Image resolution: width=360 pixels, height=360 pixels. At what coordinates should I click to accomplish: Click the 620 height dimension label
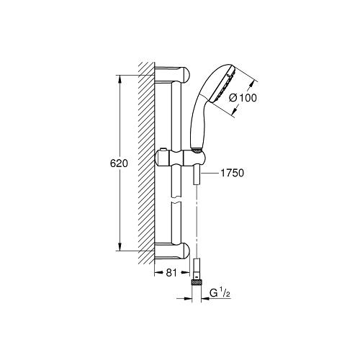119,163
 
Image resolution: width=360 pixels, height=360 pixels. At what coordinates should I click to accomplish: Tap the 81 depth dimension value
171,272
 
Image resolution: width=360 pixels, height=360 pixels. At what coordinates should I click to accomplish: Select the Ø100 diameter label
243,98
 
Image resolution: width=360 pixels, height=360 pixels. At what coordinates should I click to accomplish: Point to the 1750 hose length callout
232,173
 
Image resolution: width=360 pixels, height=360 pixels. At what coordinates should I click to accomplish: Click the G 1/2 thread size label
220,293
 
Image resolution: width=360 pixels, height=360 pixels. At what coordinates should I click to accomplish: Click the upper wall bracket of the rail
172,74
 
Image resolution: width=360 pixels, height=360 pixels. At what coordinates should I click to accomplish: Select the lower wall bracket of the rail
172,251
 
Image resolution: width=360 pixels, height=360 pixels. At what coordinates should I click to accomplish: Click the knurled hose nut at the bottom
197,282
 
